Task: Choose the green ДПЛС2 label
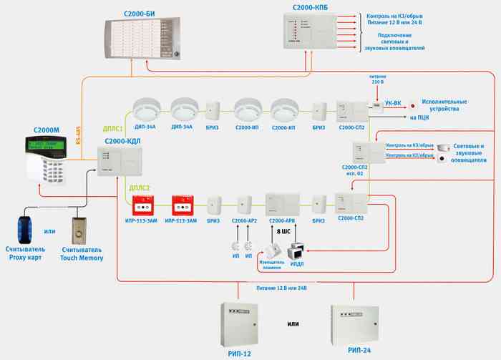pyautogui.click(x=139, y=188)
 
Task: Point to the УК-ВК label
pyautogui.click(x=394, y=104)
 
